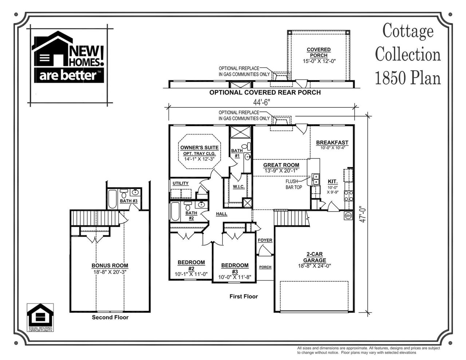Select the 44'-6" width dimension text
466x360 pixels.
[261, 102]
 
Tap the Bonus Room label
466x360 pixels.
[110, 266]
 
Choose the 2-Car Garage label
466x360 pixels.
[315, 257]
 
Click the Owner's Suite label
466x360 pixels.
[200, 147]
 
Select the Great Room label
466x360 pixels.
[281, 165]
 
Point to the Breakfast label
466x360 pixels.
[332, 143]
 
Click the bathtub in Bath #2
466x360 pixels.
[175, 211]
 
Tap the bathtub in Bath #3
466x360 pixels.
[112, 199]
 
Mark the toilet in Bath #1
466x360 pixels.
[248, 147]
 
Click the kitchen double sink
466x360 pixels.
[315, 179]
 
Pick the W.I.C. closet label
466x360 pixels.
[238, 186]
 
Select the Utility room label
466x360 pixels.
[181, 183]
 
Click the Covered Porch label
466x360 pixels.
[319, 52]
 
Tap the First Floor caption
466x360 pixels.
[244, 296]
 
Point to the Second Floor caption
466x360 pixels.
[110, 317]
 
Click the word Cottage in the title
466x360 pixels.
[408, 31]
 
